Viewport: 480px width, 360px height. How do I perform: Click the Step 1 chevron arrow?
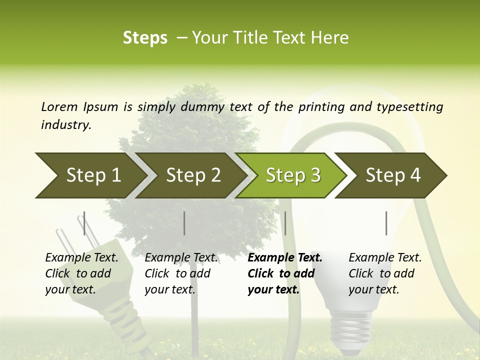click(x=90, y=175)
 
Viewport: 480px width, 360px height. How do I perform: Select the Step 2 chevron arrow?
click(x=192, y=175)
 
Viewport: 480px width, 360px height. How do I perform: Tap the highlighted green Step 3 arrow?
click(x=292, y=175)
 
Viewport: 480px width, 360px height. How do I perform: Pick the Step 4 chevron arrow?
click(x=392, y=175)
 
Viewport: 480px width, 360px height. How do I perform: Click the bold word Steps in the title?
click(x=145, y=37)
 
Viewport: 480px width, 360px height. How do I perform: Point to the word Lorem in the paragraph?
click(x=59, y=106)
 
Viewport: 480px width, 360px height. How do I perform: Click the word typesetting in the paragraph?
click(x=414, y=107)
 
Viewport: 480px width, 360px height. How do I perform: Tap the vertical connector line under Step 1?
click(x=84, y=223)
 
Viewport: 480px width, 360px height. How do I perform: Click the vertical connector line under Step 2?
click(x=184, y=223)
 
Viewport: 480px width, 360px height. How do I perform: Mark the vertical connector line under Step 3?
click(x=285, y=223)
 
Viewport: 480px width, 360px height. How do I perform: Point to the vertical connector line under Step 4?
click(x=386, y=223)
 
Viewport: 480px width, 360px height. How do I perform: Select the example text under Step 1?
click(x=81, y=273)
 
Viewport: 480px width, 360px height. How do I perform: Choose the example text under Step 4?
click(x=385, y=273)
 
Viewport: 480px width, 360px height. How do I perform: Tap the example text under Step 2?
click(x=181, y=273)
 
